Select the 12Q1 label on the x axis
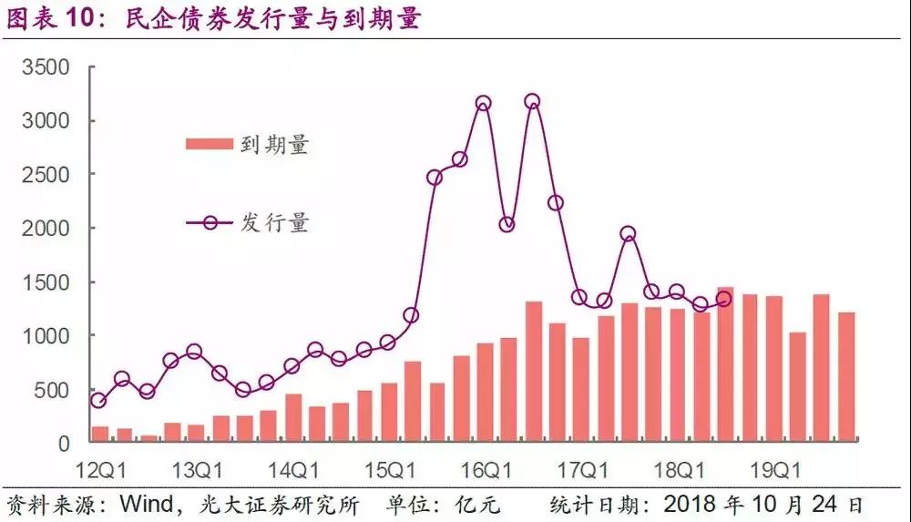[x=101, y=471]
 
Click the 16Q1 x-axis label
[x=486, y=471]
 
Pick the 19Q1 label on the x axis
[x=773, y=471]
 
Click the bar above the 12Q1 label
[x=100, y=435]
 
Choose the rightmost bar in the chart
[x=846, y=377]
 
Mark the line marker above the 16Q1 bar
[x=484, y=104]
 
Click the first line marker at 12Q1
[x=98, y=400]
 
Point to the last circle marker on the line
[x=724, y=300]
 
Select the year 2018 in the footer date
[x=691, y=504]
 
